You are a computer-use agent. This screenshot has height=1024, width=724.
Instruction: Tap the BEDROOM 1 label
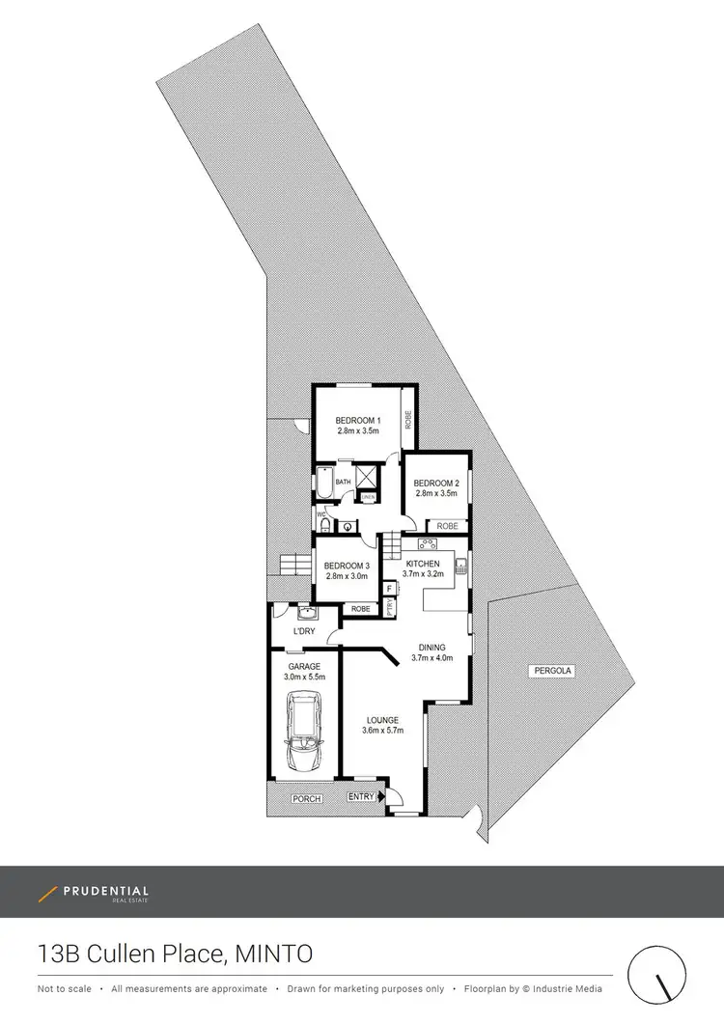coord(358,420)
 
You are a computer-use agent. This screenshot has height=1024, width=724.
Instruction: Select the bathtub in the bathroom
coord(322,483)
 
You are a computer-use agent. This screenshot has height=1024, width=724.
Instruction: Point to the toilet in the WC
coord(325,525)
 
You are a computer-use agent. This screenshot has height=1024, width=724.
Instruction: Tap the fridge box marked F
coord(389,588)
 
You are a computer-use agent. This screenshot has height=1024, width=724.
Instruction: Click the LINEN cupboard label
coord(368,497)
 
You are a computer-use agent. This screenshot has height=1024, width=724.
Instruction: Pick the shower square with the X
coord(368,477)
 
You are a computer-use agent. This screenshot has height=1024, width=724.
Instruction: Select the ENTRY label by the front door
coord(361,796)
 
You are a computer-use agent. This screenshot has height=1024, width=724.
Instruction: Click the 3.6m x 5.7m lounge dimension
coord(382,731)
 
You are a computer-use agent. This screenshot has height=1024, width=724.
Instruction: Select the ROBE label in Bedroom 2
coord(447,526)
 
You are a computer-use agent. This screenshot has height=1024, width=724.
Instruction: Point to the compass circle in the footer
coord(661,979)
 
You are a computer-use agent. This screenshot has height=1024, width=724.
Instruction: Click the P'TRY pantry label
coord(390,608)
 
